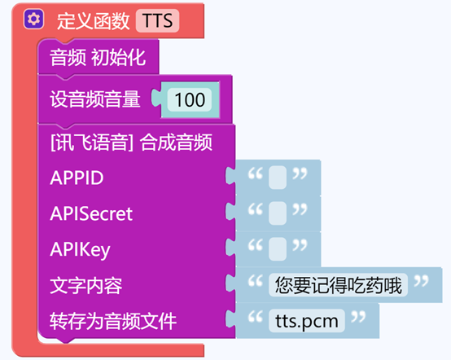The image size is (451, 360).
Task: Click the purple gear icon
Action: click(x=34, y=20)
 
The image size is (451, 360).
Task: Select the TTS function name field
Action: click(x=158, y=20)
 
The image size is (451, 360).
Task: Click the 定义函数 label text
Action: click(x=93, y=21)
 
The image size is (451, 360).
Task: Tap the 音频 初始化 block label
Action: click(x=98, y=57)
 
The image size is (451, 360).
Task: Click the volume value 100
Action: click(x=190, y=100)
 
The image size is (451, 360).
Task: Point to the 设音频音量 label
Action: click(x=95, y=99)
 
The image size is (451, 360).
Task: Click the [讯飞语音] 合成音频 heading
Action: click(x=131, y=143)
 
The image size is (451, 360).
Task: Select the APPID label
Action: click(x=77, y=178)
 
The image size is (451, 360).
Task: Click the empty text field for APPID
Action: click(x=278, y=178)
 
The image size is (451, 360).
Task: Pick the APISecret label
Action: click(x=91, y=214)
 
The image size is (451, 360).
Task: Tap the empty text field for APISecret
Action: click(x=278, y=213)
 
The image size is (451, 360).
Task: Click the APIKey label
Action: click(x=80, y=250)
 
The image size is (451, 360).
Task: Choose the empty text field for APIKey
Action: click(x=278, y=249)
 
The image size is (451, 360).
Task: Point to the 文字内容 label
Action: click(x=86, y=286)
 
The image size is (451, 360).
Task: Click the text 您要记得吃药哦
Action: click(x=339, y=285)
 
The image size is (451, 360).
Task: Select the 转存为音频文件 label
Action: click(x=113, y=322)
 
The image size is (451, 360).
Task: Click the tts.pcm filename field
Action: click(x=307, y=321)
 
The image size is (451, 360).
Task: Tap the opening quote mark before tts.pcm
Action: click(x=256, y=317)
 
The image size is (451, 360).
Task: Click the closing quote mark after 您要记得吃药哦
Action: click(x=422, y=281)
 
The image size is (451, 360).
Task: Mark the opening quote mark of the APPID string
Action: click(x=256, y=173)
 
